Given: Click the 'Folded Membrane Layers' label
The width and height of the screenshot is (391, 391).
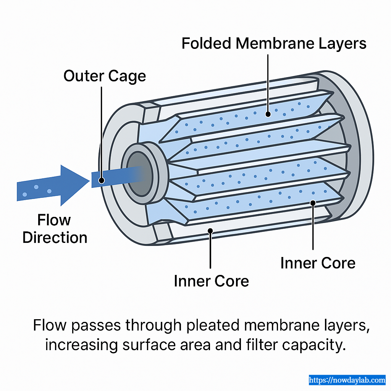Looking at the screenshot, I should tap(274, 44).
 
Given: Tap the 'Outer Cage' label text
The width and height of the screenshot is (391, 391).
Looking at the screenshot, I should tap(105, 76).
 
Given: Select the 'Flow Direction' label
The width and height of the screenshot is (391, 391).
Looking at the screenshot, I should tap(55, 229).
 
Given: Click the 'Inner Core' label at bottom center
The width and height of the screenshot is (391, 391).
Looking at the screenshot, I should tap(211, 281).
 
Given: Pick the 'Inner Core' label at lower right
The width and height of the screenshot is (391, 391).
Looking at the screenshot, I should tap(318, 263).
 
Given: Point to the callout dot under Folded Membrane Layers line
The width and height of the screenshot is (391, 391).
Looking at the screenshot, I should tap(268, 114).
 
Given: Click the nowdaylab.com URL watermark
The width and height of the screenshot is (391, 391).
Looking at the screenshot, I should tap(347, 380).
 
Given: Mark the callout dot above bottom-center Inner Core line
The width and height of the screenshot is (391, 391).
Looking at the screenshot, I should tap(210, 230).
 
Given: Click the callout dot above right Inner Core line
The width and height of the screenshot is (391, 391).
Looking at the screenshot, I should tap(313, 203).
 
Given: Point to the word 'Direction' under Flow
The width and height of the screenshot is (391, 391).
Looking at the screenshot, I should tap(55, 238).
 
